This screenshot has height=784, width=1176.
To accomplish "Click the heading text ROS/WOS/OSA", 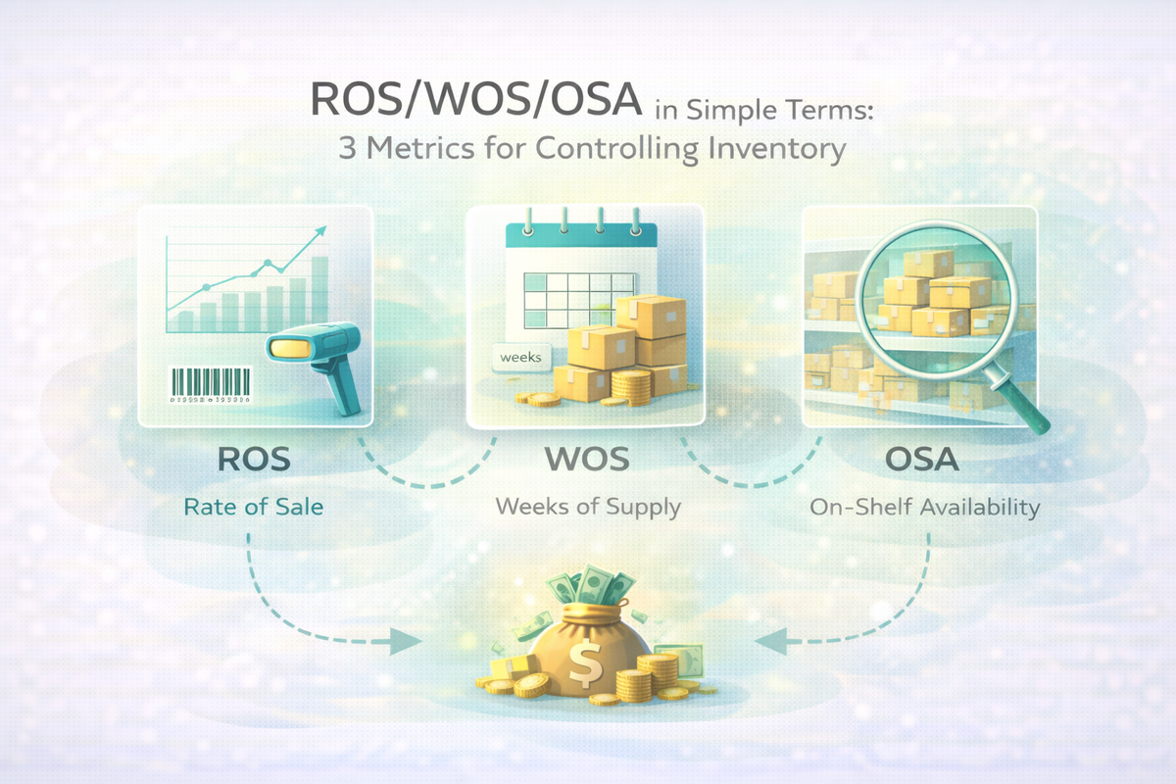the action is coord(477,101).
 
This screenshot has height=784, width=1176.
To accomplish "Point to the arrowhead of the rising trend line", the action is coord(319,232).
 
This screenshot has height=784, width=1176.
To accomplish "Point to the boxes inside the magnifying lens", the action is coord(931,299).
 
